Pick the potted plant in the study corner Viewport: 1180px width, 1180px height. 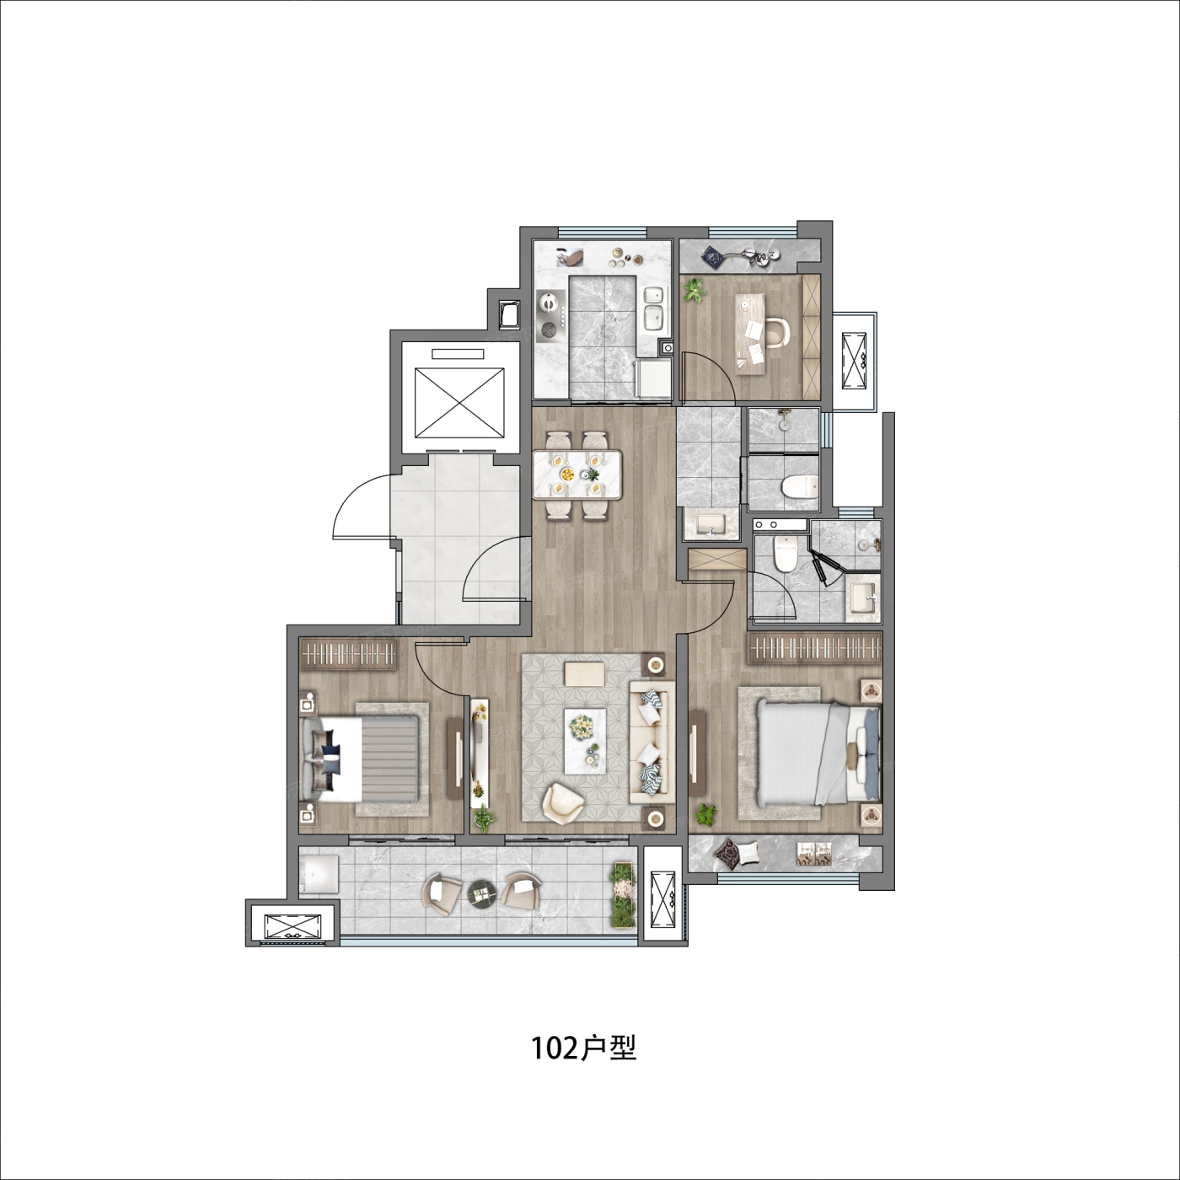pos(695,290)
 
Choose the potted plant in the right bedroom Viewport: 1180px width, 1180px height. pos(706,814)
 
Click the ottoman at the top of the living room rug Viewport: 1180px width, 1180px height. pos(585,674)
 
